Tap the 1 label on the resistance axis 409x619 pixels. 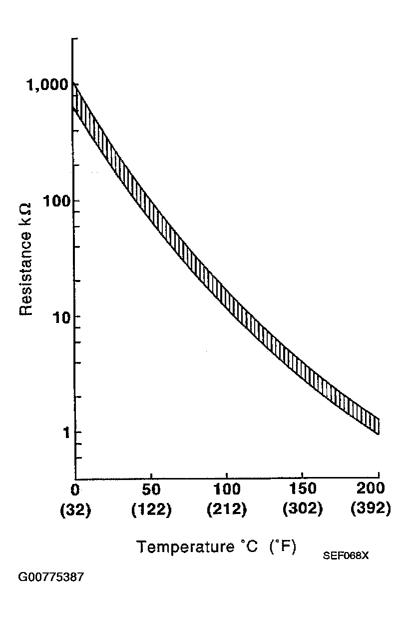(65, 432)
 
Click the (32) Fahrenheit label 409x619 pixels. (75, 510)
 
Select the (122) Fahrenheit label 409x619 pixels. (151, 510)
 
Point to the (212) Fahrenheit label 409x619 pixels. (227, 510)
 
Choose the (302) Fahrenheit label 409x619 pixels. (302, 510)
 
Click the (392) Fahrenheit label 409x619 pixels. (370, 510)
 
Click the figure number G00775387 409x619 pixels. (51, 577)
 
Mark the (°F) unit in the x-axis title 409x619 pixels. (283, 546)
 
